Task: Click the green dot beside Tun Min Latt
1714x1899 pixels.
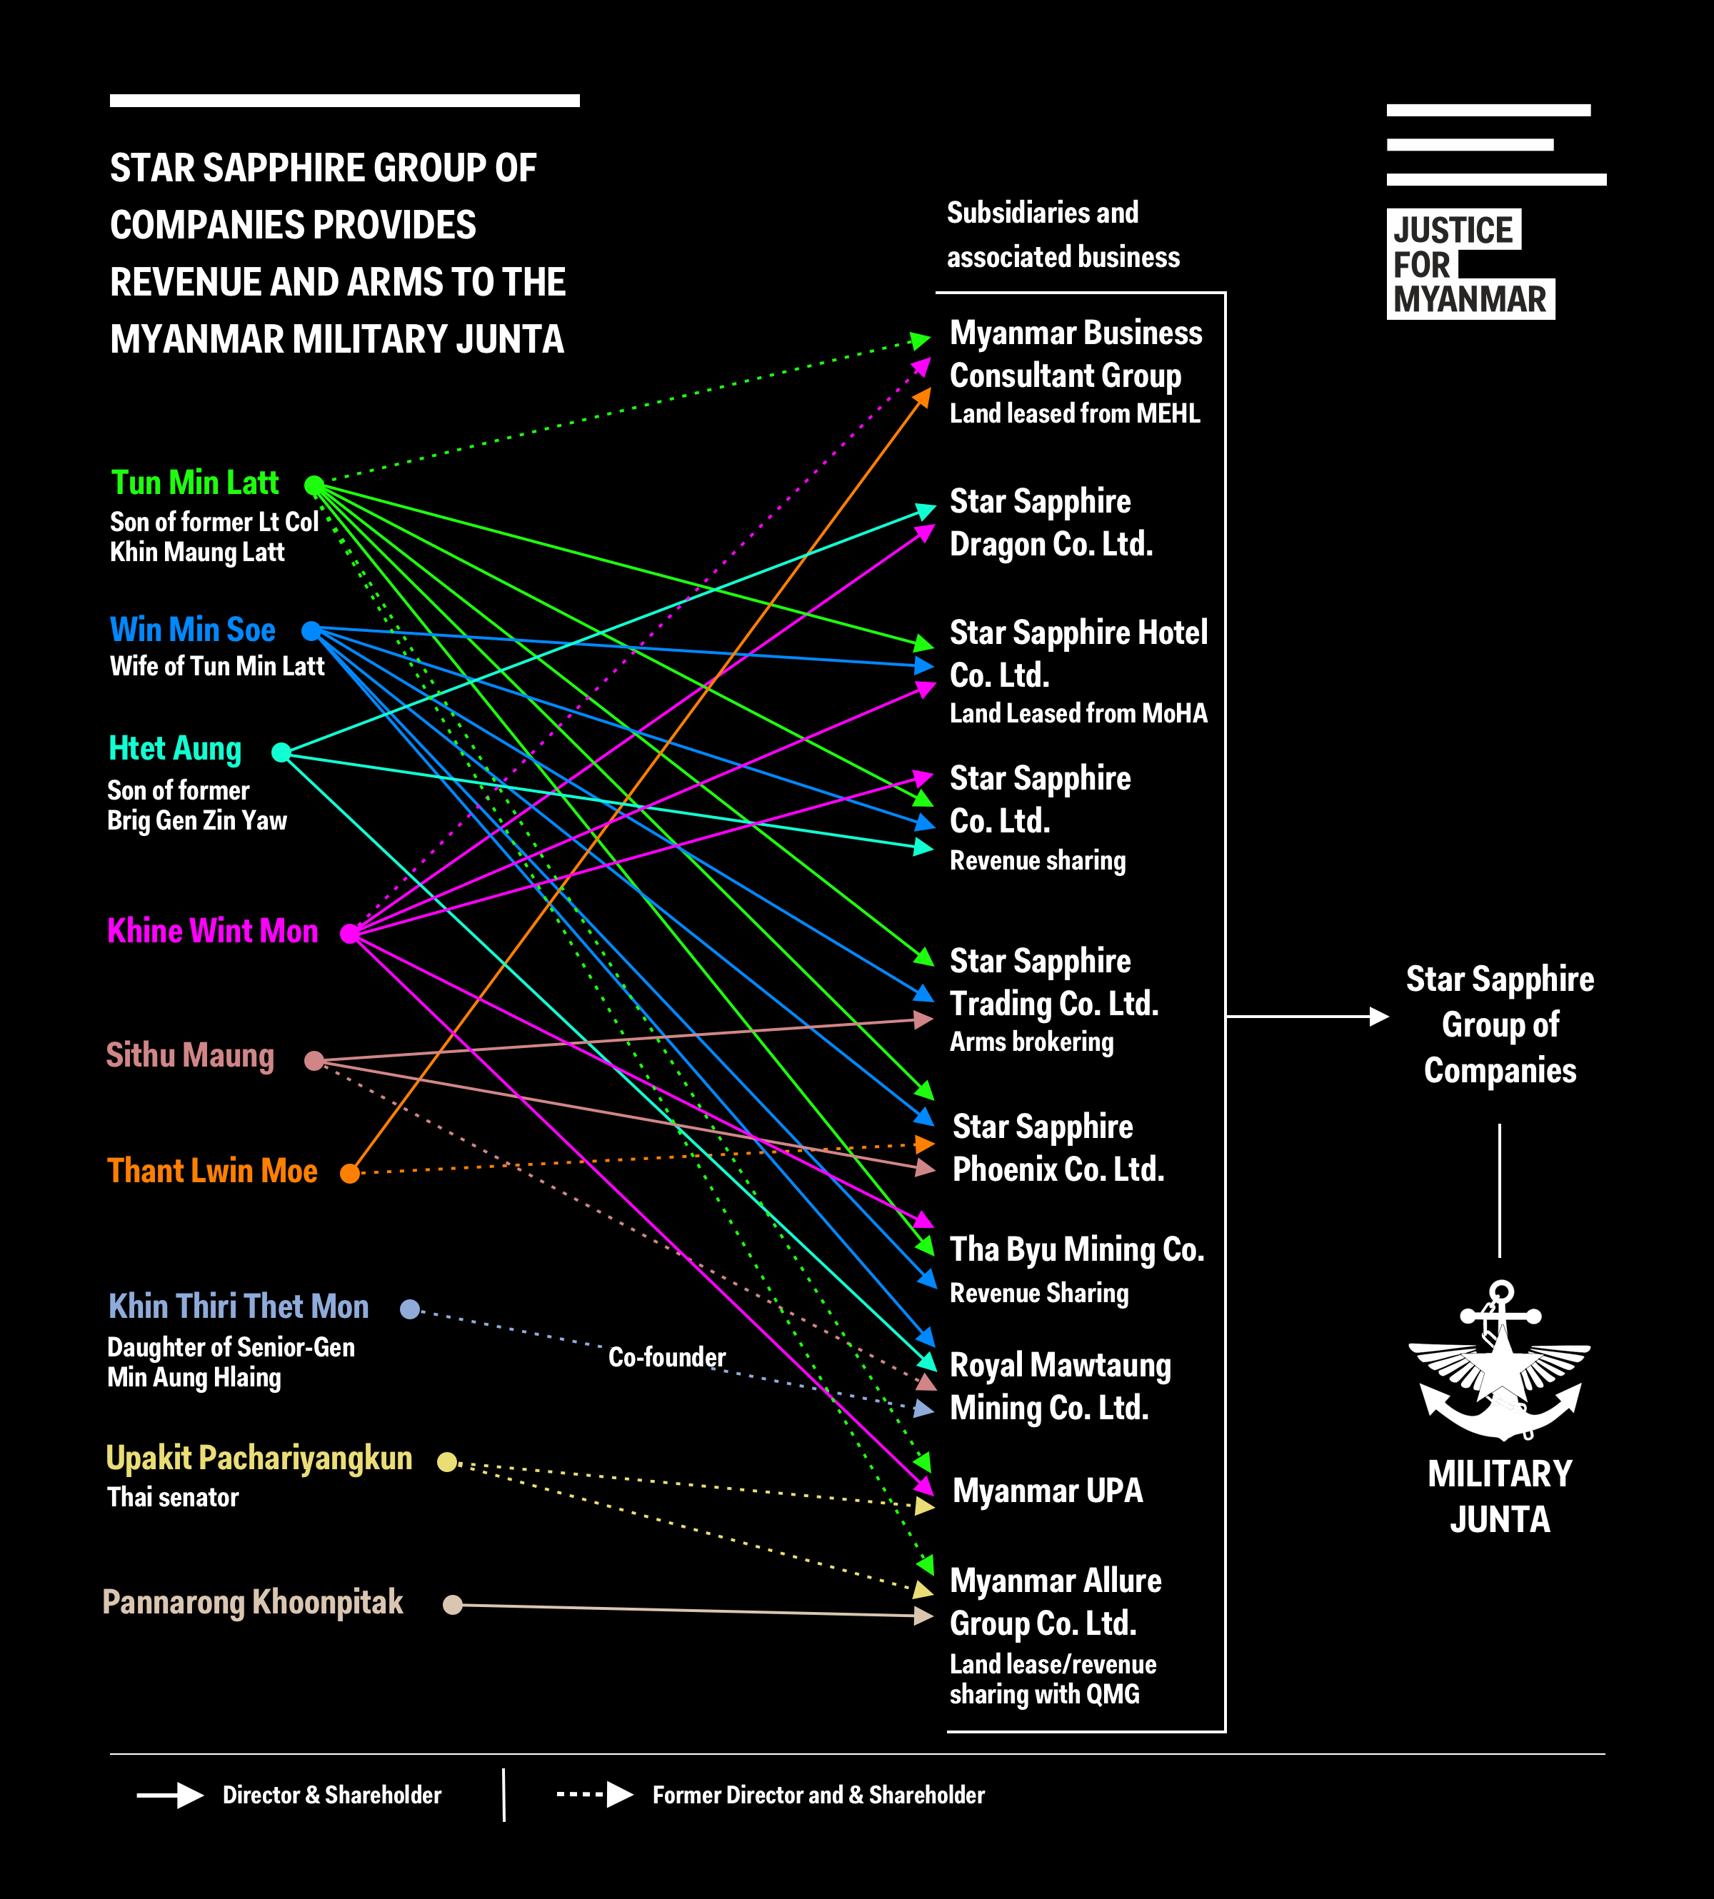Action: [x=314, y=485]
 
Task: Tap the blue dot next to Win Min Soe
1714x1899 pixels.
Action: [x=311, y=630]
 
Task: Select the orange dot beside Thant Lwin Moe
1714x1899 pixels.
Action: [x=349, y=1173]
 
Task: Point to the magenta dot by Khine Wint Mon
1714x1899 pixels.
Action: [x=349, y=933]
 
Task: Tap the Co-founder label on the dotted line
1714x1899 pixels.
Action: [x=667, y=1356]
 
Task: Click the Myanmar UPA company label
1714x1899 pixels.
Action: [x=1047, y=1491]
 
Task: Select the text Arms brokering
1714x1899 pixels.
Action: [x=1031, y=1042]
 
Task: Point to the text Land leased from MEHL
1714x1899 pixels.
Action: [x=1075, y=413]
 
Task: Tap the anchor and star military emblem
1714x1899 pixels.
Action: [x=1499, y=1361]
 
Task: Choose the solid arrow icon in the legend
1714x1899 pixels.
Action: [x=171, y=1795]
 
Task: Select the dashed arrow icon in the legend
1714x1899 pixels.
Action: [x=595, y=1795]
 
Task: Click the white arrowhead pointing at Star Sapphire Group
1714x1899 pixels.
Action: [x=1379, y=1017]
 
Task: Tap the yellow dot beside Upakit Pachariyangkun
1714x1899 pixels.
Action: [x=447, y=1462]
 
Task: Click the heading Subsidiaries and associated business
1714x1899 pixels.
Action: [x=1063, y=234]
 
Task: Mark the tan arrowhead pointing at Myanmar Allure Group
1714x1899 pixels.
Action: [x=924, y=1616]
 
